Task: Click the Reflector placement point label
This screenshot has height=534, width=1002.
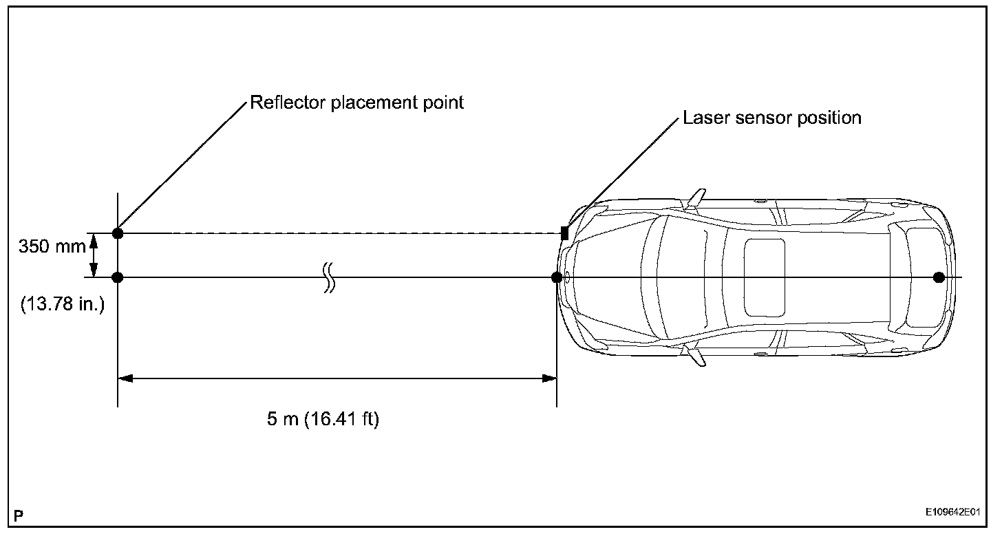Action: point(356,103)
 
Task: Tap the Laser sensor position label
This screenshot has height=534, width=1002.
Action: point(771,118)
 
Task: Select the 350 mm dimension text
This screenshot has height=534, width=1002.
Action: point(52,246)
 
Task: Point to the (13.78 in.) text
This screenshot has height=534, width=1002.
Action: point(62,303)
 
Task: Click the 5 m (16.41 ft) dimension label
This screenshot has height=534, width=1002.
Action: point(323,419)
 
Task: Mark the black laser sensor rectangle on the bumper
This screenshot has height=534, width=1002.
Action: point(564,233)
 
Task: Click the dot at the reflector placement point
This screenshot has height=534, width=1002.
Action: point(118,233)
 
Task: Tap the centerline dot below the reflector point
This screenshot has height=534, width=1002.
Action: point(118,277)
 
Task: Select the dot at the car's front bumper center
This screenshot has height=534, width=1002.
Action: point(557,277)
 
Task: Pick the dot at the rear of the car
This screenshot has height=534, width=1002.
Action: point(939,277)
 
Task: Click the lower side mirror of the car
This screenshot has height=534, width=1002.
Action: point(696,356)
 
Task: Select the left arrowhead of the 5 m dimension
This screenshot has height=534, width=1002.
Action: point(126,378)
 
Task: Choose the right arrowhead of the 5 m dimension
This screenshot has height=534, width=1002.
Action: point(548,378)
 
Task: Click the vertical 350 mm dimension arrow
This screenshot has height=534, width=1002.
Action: point(94,255)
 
